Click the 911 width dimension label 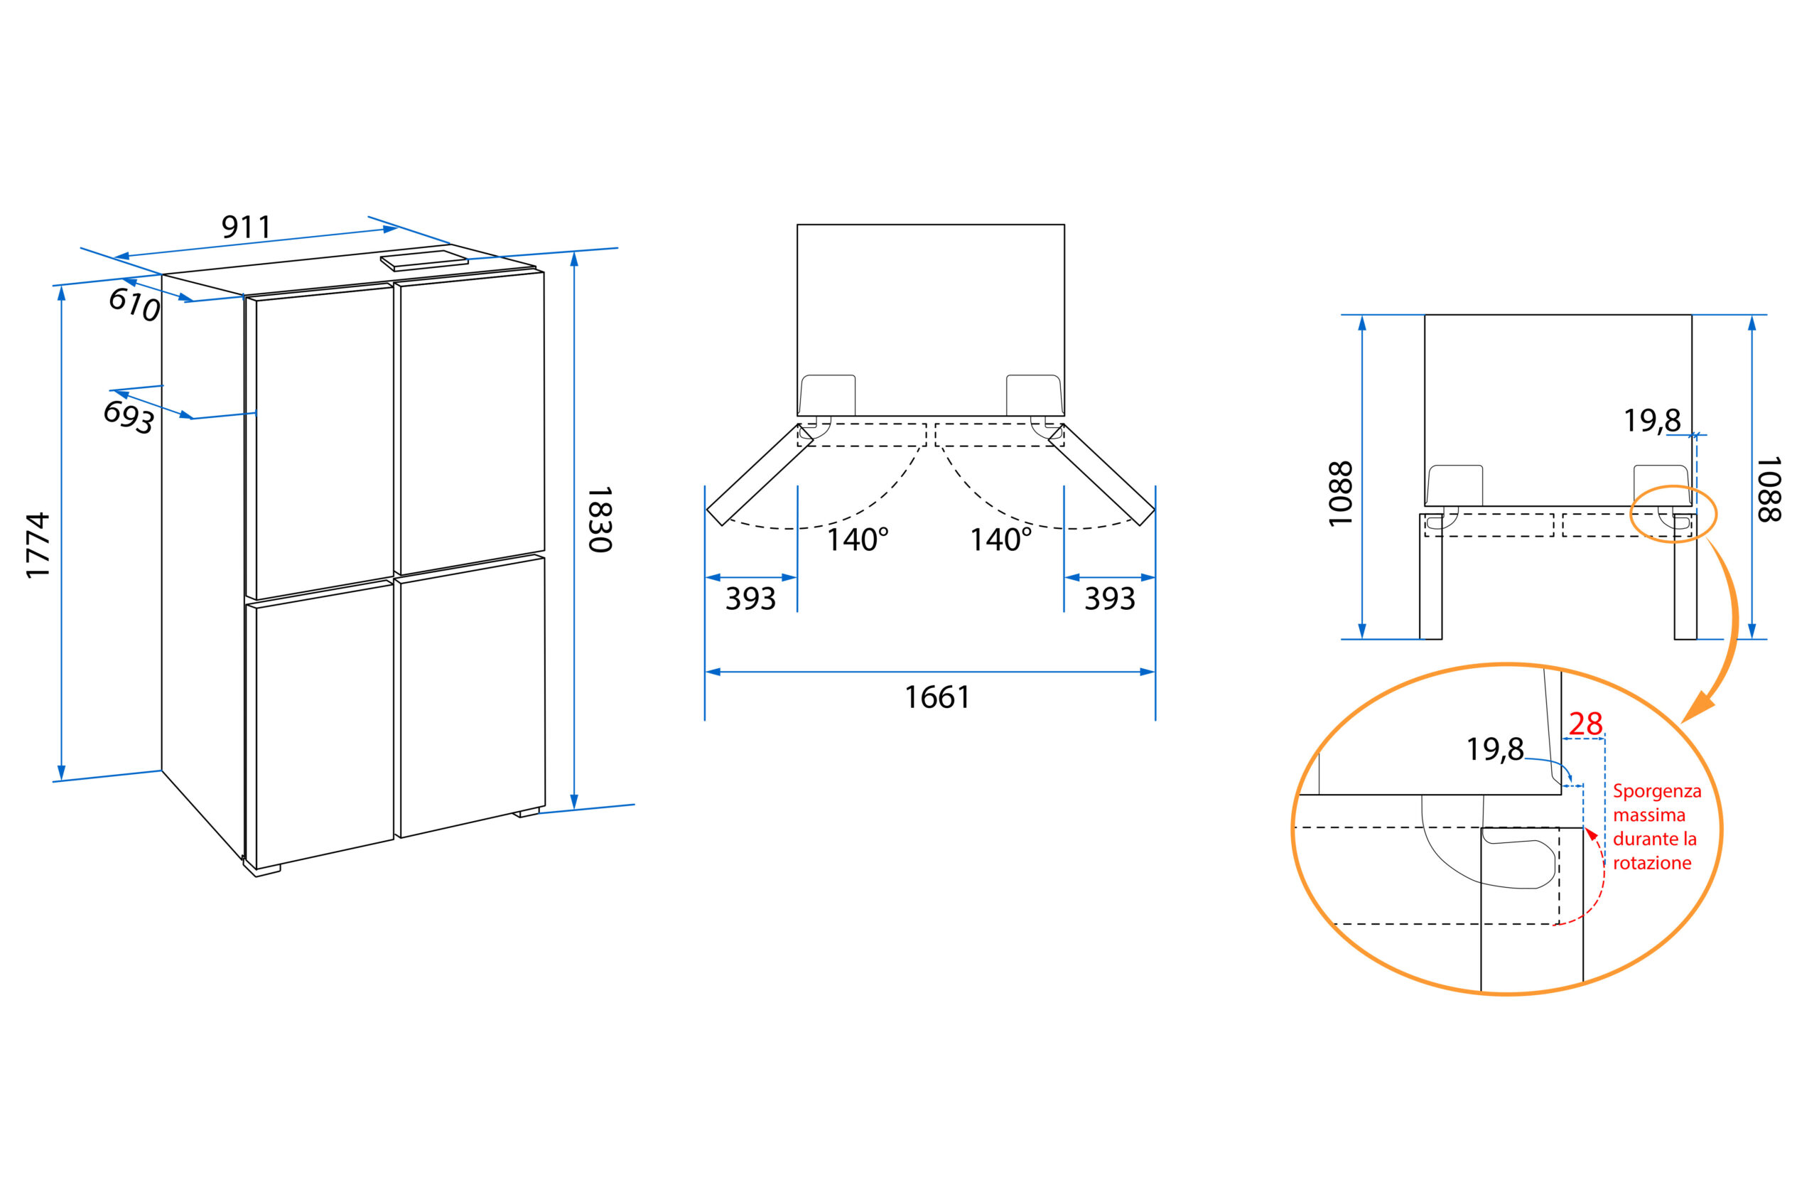(x=246, y=227)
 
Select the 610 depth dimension (x=134, y=304)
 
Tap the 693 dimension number (x=129, y=417)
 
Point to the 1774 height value (x=38, y=545)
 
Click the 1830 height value (x=599, y=519)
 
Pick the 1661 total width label (x=937, y=697)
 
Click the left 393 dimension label (x=750, y=599)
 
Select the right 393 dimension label (x=1108, y=599)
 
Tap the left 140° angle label (x=857, y=540)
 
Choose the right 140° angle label (x=1000, y=540)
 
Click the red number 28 (x=1585, y=724)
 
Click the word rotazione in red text (x=1652, y=863)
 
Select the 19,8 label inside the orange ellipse (x=1494, y=750)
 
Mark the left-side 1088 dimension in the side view (x=1340, y=494)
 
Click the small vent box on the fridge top (x=424, y=261)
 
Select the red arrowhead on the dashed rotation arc (x=1592, y=834)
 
